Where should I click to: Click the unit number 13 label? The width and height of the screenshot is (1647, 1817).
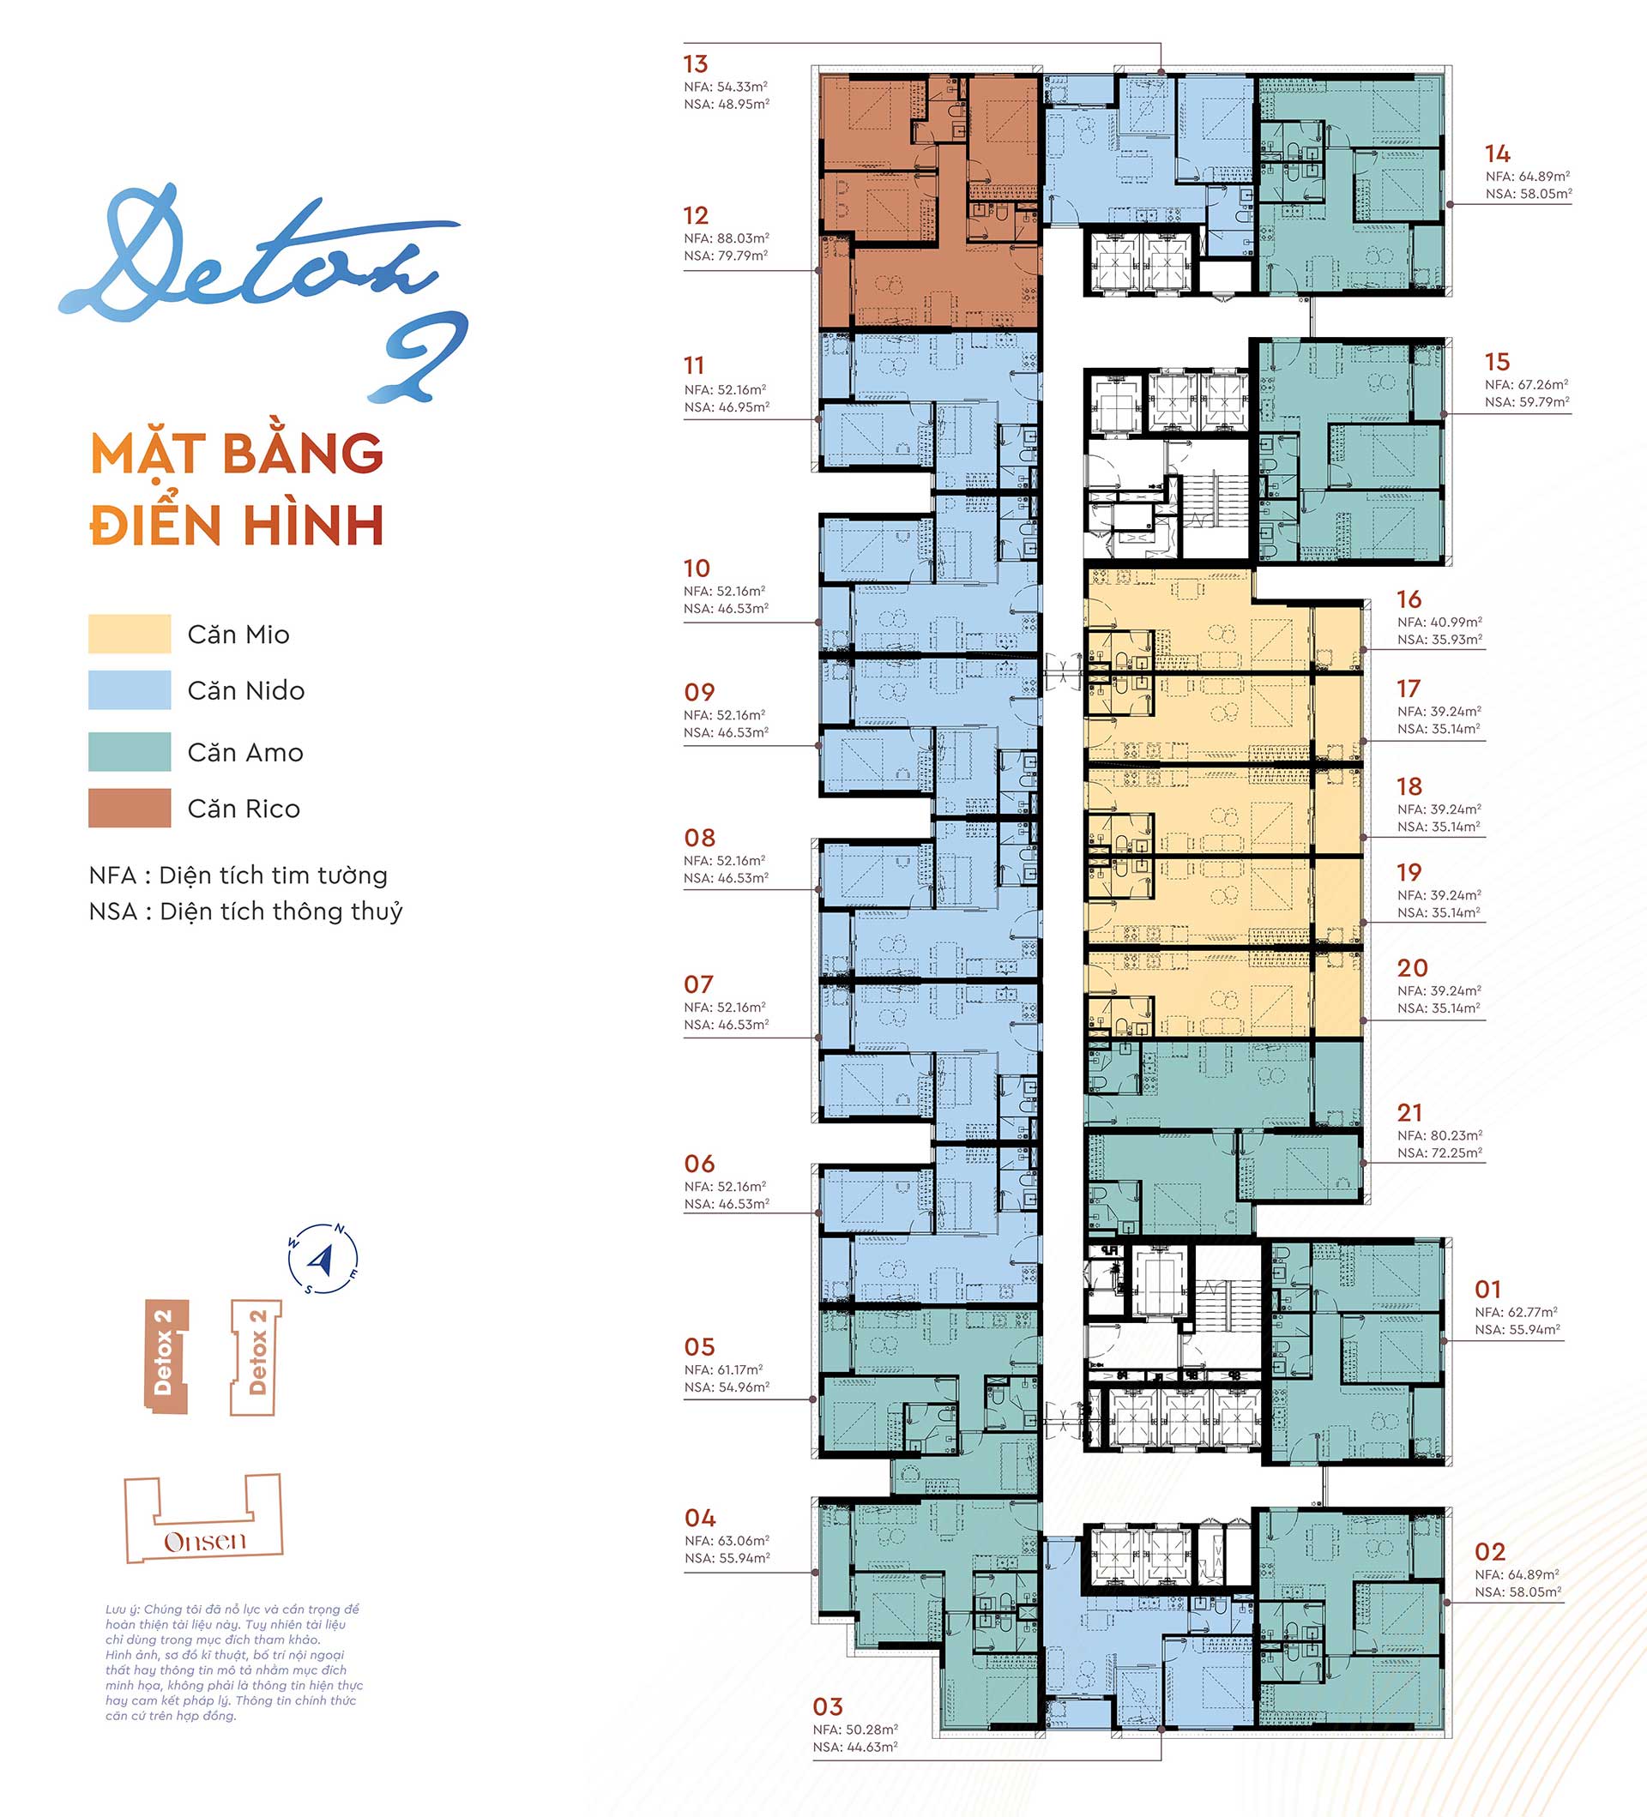pyautogui.click(x=695, y=64)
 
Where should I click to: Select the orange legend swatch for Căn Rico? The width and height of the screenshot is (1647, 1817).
pyautogui.click(x=130, y=808)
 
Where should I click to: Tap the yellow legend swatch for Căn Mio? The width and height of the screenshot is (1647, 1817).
pyautogui.click(x=130, y=634)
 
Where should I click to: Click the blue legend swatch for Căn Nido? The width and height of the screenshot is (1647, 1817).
pyautogui.click(x=130, y=689)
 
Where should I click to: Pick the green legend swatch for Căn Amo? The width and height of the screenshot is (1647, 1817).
pyautogui.click(x=130, y=752)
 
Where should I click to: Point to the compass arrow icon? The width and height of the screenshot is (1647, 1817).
pyautogui.click(x=323, y=1258)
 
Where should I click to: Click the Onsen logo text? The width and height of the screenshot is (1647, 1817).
pyautogui.click(x=205, y=1541)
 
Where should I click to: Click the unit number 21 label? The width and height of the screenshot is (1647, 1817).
pyautogui.click(x=1410, y=1113)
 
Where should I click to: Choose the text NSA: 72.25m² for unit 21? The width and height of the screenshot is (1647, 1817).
pyautogui.click(x=1439, y=1152)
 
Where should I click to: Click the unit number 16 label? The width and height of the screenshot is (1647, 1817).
pyautogui.click(x=1409, y=599)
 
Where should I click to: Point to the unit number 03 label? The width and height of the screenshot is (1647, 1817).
pyautogui.click(x=828, y=1707)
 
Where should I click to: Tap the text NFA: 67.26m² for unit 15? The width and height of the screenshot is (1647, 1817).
pyautogui.click(x=1527, y=385)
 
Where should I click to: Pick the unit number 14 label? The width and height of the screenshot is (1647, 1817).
pyautogui.click(x=1499, y=154)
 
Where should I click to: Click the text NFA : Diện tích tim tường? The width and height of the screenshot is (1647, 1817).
pyautogui.click(x=238, y=875)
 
